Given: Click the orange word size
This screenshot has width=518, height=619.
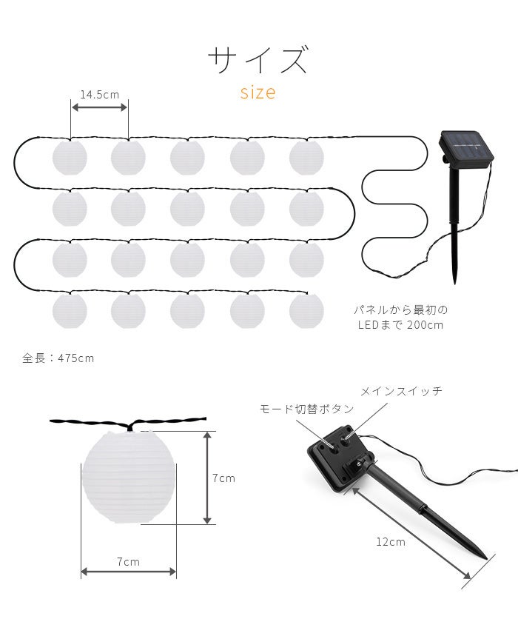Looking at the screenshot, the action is tap(258, 93).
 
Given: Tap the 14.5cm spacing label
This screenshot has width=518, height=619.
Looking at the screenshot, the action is tap(99, 95).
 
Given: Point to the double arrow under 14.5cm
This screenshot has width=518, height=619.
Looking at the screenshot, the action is tap(99, 107).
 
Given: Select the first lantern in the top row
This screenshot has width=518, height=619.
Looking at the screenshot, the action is tap(70, 157).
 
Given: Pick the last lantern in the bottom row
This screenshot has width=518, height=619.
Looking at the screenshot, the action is tap(306, 311).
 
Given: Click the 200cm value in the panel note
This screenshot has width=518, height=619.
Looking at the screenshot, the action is tap(425, 325).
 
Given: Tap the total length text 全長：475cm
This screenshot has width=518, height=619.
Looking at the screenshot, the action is tap(58, 358).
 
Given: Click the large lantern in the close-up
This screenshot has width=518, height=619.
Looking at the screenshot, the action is tap(128, 478).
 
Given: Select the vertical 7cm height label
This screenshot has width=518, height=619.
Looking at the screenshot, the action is tap(223, 478).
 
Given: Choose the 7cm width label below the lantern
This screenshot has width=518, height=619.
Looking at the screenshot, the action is tap(128, 562).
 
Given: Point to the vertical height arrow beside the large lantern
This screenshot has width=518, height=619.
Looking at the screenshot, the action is tap(207, 478).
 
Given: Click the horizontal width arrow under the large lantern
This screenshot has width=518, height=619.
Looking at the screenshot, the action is tap(129, 571).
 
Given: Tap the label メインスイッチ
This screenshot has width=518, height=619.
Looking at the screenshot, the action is tap(401, 391).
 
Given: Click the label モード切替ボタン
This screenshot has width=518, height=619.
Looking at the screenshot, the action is tap(306, 409).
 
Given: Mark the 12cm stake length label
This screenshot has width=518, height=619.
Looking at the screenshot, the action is tap(391, 542).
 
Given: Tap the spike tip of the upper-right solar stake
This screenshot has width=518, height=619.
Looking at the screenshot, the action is tap(455, 283).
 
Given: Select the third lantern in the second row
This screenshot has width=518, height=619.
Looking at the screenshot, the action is tap(187, 209).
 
